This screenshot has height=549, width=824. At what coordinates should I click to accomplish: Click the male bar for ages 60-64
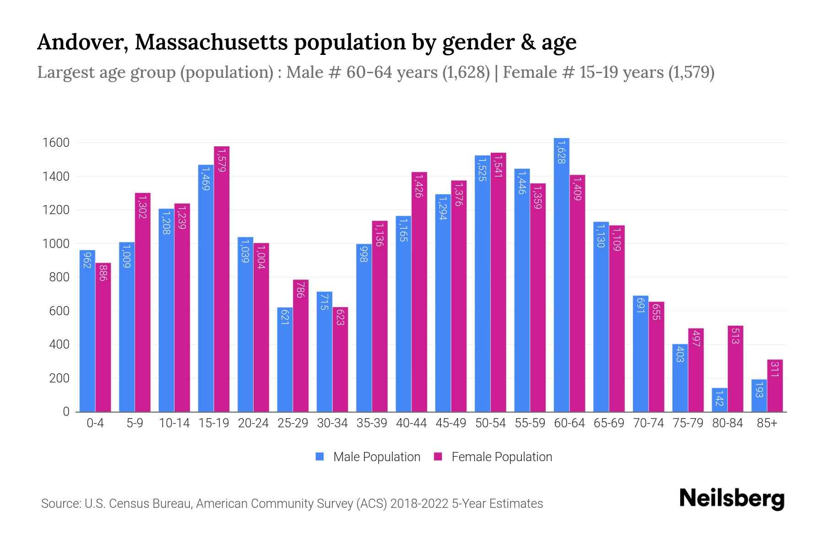point(561,274)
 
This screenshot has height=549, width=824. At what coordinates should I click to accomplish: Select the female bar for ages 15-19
point(222,279)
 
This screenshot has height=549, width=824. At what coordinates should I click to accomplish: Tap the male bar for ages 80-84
point(720,400)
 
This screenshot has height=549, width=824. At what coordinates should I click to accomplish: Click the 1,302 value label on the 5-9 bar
point(142,206)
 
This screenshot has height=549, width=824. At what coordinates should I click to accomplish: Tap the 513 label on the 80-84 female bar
point(736,336)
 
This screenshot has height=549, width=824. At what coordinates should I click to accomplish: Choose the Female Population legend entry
point(493,457)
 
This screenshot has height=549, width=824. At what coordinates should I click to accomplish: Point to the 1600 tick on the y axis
point(56,143)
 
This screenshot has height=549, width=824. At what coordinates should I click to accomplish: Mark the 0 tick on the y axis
point(66,412)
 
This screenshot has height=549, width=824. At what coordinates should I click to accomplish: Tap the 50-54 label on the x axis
point(490,423)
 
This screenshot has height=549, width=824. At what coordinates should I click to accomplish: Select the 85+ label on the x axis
point(767,423)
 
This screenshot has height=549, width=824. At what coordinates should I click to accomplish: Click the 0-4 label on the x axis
point(95,423)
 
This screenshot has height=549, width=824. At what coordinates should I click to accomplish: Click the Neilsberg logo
point(732,499)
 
